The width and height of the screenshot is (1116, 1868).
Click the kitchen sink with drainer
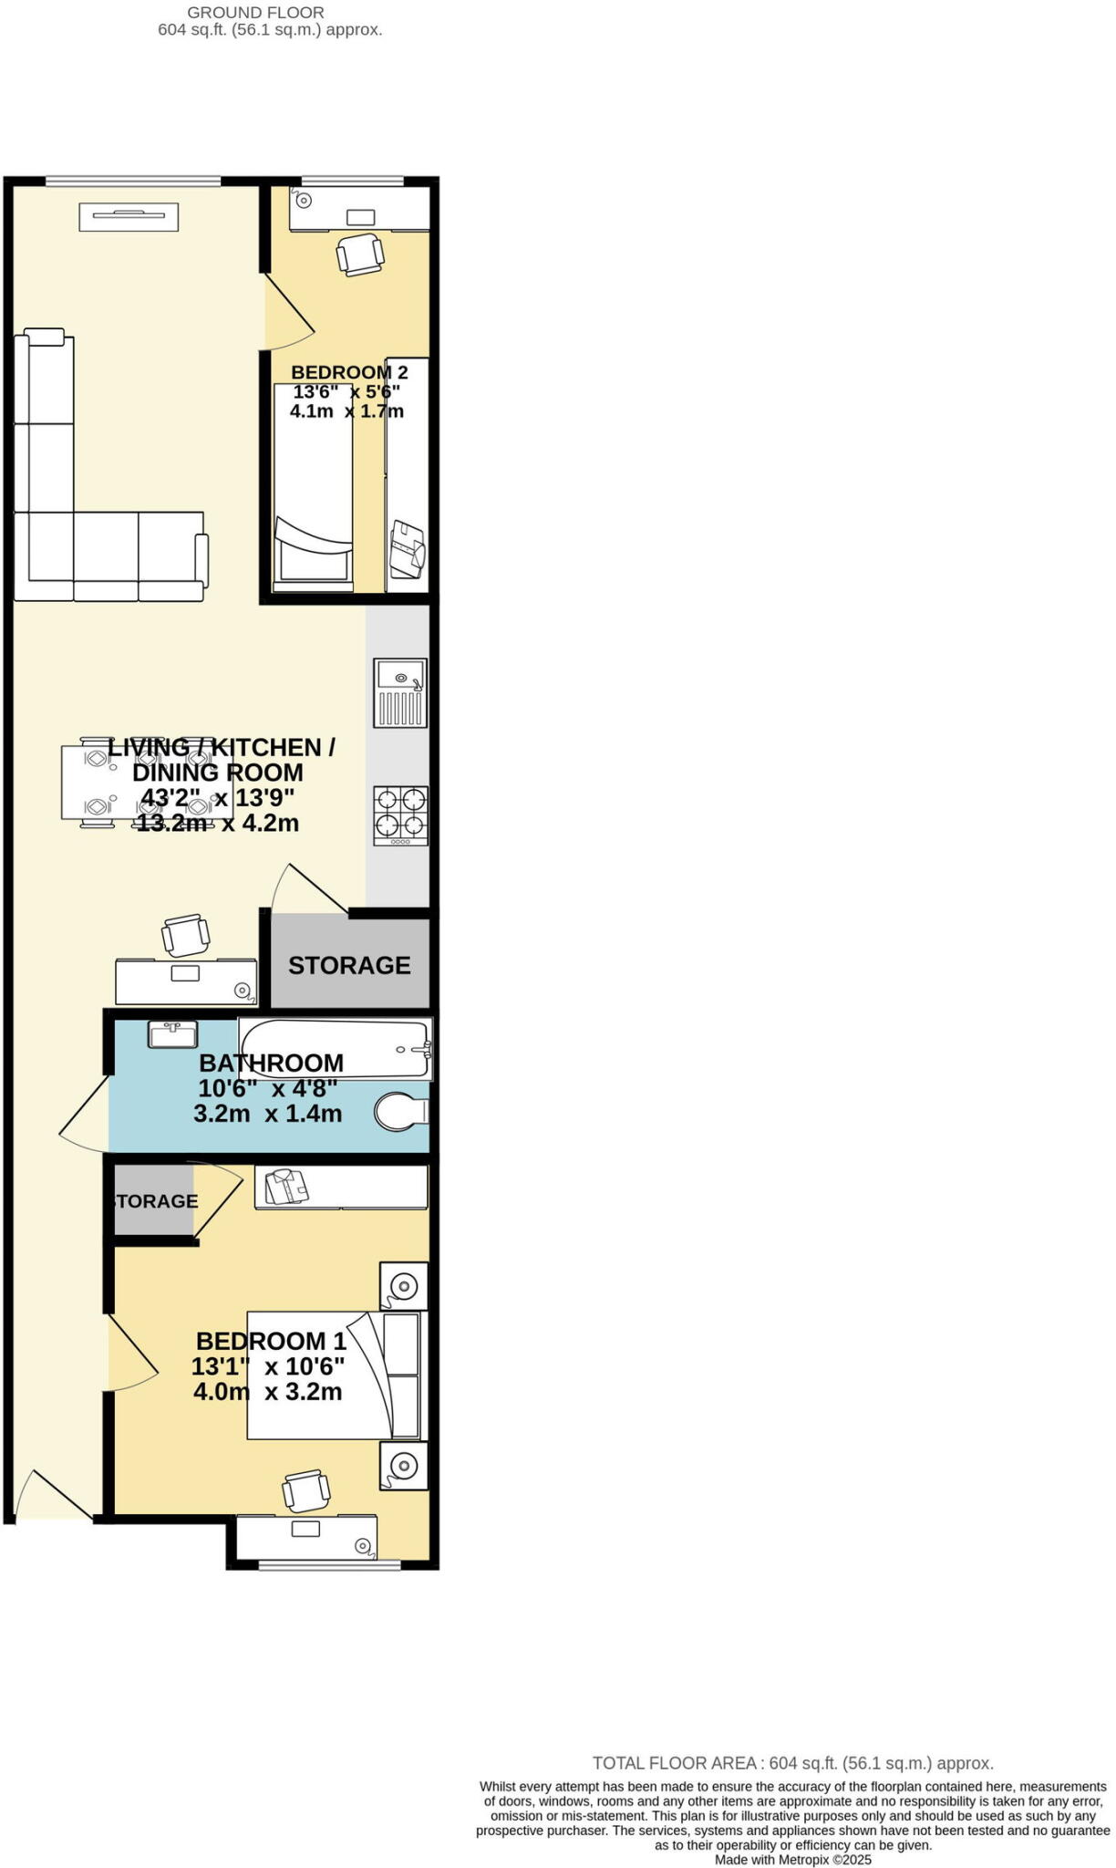[x=399, y=692]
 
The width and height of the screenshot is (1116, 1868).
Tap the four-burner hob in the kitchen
[x=400, y=815]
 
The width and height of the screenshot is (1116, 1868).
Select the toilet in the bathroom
[x=401, y=1112]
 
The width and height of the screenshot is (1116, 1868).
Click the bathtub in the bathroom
[x=335, y=1049]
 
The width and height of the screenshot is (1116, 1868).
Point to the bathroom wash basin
[x=172, y=1034]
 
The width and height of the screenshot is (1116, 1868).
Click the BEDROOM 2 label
[x=349, y=372]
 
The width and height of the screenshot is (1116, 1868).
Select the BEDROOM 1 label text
[x=271, y=1341]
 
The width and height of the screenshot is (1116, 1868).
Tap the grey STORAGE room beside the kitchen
[x=349, y=964]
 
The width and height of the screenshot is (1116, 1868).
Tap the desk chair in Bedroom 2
[x=359, y=254]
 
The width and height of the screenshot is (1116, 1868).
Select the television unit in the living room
[x=129, y=217]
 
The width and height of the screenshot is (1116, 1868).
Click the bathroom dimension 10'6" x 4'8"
[x=268, y=1088]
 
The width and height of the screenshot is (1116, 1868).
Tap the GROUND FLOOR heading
[x=255, y=13]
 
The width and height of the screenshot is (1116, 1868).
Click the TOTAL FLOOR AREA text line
[x=792, y=1763]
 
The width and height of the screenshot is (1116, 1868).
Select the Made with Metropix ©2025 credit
[x=792, y=1860]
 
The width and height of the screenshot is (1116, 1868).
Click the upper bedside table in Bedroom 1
[x=403, y=1286]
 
